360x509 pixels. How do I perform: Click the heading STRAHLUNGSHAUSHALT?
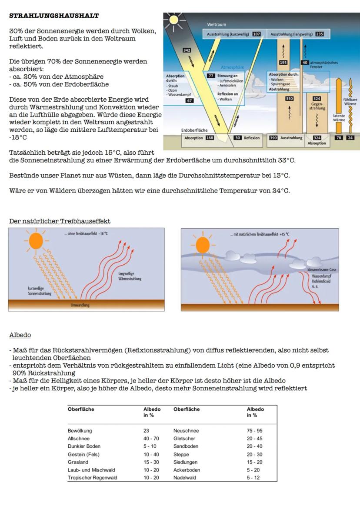click(54, 16)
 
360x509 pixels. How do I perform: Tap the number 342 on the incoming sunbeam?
click(187, 50)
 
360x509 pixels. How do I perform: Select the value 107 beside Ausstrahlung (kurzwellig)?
click(257, 34)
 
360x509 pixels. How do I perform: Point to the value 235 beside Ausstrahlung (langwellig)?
click(319, 34)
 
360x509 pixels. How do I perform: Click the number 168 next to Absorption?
click(210, 138)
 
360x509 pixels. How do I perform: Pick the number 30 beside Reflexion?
click(237, 138)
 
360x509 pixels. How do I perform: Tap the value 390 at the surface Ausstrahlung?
click(273, 138)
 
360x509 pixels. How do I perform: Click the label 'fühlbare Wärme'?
click(350, 102)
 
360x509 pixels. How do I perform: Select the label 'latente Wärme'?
click(339, 118)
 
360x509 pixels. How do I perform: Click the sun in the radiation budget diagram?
click(173, 20)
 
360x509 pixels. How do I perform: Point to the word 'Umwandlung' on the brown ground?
click(80, 305)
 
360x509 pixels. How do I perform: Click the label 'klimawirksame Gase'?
click(322, 270)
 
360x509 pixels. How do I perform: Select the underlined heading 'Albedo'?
click(20, 335)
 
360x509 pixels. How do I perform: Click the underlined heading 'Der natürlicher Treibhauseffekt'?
click(60, 221)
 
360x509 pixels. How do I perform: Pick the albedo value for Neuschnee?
click(254, 431)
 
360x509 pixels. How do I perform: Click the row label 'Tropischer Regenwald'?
click(92, 478)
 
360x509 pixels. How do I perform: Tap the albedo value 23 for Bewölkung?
click(147, 431)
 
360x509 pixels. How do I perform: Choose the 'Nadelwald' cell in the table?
click(185, 478)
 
